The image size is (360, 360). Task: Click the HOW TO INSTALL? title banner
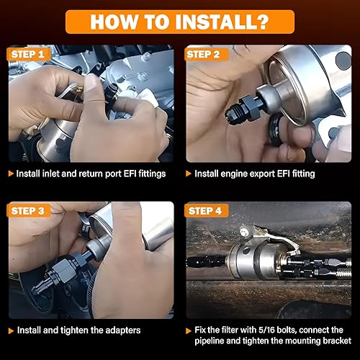tap(179, 20)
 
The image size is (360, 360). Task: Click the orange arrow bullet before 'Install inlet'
tap(10, 174)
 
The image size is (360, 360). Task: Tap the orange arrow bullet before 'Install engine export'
tap(188, 174)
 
